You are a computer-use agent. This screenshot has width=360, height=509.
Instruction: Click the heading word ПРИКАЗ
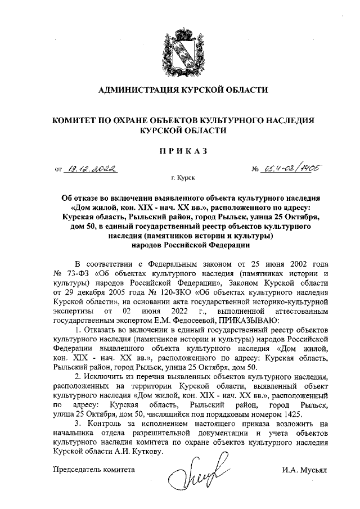point(183,150)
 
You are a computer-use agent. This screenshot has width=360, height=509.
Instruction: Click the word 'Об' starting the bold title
point(66,199)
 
